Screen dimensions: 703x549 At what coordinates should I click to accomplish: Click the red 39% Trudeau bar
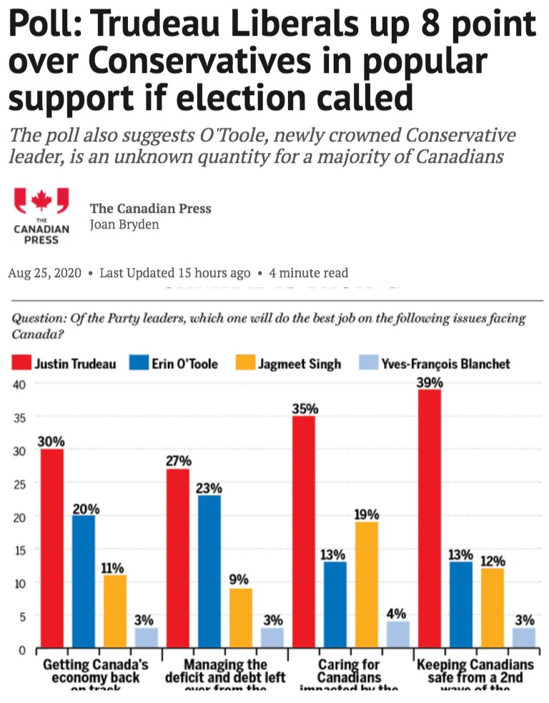[x=430, y=518]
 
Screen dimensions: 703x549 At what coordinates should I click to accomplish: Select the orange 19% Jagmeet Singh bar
[x=367, y=584]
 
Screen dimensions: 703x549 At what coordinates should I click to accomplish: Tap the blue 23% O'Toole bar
[x=209, y=571]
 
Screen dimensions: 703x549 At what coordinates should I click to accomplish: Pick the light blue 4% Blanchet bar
[x=398, y=634]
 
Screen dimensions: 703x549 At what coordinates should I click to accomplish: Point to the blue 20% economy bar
[x=84, y=581]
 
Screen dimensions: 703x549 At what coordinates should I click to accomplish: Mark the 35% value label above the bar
[x=305, y=409]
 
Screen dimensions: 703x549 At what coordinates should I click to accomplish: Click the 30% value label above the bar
[x=51, y=442]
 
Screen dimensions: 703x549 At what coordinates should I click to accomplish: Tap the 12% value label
[x=493, y=561]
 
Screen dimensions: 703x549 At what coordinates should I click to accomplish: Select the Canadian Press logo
[x=41, y=215]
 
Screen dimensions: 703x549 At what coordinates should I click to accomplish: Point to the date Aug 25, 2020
[x=44, y=273]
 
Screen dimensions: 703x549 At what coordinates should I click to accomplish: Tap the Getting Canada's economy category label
[x=96, y=671]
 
